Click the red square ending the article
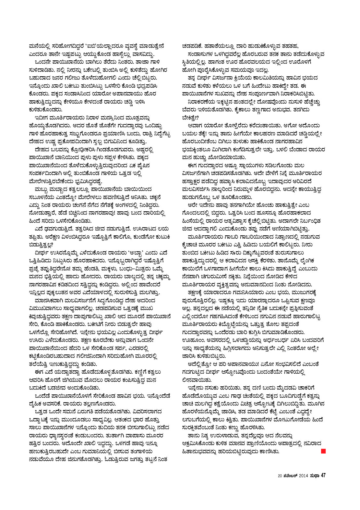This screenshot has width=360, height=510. tap(323, 451)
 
